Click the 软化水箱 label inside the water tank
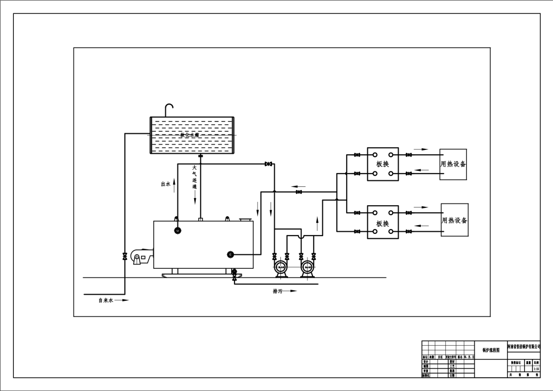pyautogui.click(x=190, y=135)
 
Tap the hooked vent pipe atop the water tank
pyautogui.click(x=169, y=110)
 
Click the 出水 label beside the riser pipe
pyautogui.click(x=165, y=184)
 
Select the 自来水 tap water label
pyautogui.click(x=105, y=300)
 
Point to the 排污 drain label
pyautogui.click(x=278, y=290)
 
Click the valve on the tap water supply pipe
pyautogui.click(x=125, y=256)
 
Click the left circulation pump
pyautogui.click(x=280, y=268)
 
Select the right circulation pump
pyautogui.click(x=307, y=268)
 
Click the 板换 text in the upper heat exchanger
pyautogui.click(x=383, y=164)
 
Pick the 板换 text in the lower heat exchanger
pyautogui.click(x=383, y=223)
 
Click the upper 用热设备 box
pyautogui.click(x=453, y=164)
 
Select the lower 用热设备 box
pyautogui.click(x=454, y=220)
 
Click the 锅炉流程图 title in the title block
pyautogui.click(x=491, y=350)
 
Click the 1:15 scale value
pyautogui.click(x=536, y=368)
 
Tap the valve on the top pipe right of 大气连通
pyautogui.click(x=269, y=164)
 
